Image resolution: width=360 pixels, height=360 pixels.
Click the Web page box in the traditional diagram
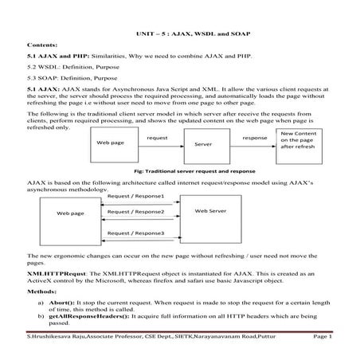109,143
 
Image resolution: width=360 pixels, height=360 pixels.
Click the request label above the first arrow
157,138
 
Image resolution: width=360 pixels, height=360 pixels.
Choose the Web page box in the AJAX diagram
70,214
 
